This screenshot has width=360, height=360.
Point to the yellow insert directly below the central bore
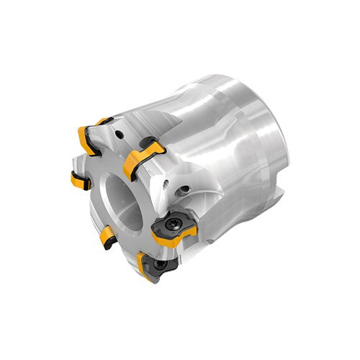(x=107, y=235)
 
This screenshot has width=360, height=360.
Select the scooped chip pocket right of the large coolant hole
(x=209, y=194)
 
